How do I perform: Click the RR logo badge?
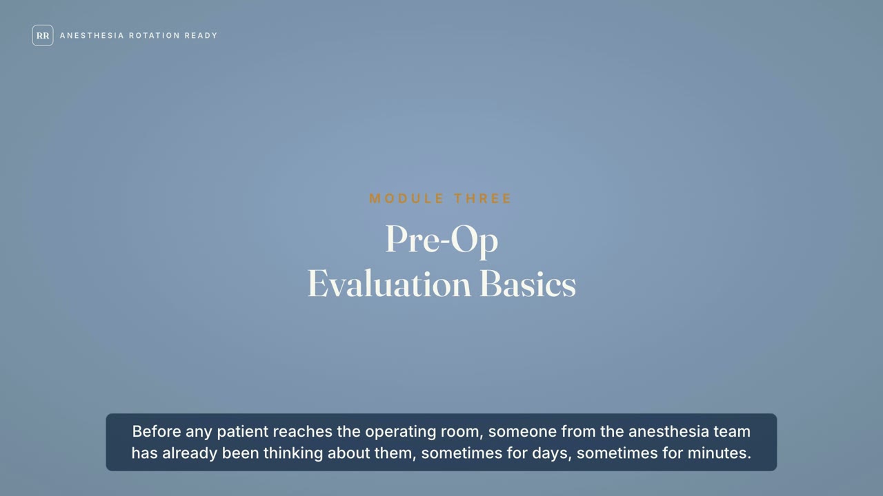[43, 35]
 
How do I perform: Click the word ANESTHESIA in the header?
[92, 35]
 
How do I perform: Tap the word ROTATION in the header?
[155, 35]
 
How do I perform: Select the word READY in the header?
[201, 35]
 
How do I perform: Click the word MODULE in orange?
[407, 198]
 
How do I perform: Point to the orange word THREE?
[482, 198]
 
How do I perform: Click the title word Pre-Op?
[442, 240]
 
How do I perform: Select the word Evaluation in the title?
[389, 284]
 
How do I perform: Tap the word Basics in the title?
[528, 284]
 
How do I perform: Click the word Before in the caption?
[157, 431]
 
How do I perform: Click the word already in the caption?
[190, 454]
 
